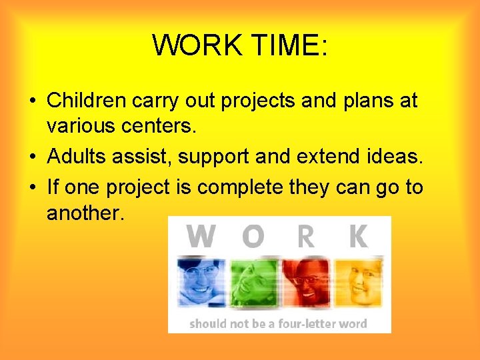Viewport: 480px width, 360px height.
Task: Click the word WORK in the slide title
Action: (x=196, y=45)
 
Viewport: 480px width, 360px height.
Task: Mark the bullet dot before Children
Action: (x=33, y=101)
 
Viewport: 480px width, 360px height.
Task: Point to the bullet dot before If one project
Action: (x=33, y=188)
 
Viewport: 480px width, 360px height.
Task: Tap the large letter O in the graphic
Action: (x=253, y=237)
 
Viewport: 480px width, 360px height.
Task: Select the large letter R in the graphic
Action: (x=305, y=237)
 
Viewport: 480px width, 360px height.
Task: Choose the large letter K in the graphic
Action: (x=358, y=237)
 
